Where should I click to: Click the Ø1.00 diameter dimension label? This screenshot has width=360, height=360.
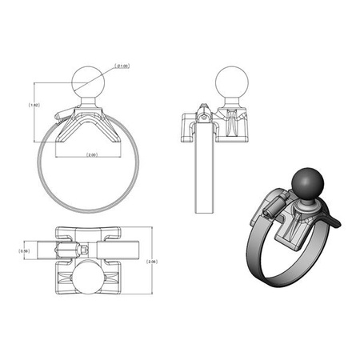point(123,66)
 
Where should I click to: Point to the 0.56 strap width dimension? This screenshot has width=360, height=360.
point(25,250)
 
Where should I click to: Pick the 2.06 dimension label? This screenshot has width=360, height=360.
point(154,262)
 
